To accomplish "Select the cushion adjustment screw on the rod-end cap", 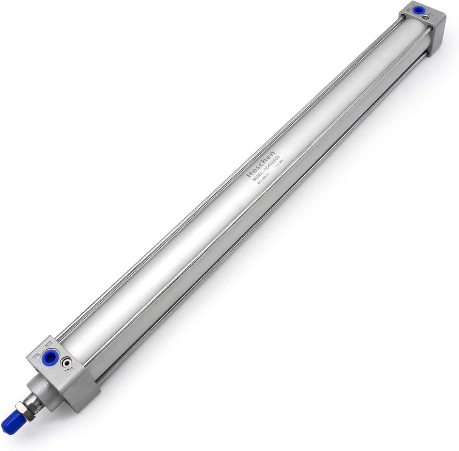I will (x=65, y=362).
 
